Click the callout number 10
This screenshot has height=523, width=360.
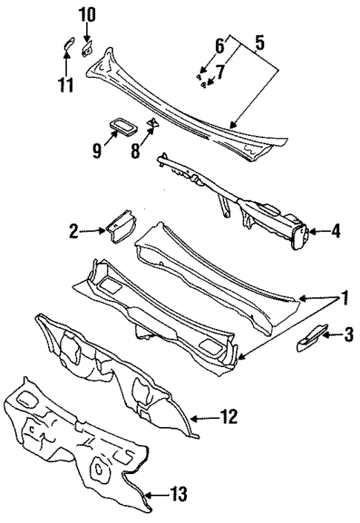click(87, 13)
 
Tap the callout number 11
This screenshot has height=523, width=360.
click(65, 85)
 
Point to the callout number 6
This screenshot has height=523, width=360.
click(220, 46)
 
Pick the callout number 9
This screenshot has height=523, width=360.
click(96, 150)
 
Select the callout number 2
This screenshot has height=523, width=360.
click(73, 231)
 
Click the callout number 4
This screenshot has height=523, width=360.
click(336, 232)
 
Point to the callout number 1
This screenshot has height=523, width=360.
click(344, 300)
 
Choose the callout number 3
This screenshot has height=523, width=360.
click(347, 336)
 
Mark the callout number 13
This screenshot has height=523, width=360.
click(178, 493)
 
